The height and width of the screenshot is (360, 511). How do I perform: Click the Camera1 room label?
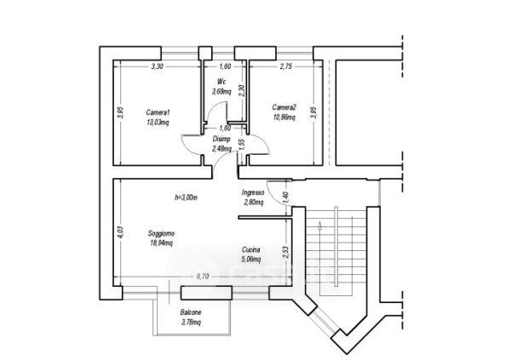coord(158,112)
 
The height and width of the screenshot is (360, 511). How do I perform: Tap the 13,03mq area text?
coord(158,122)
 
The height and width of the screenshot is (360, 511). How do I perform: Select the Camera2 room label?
coord(284,107)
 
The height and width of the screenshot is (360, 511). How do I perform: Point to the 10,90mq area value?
coord(284,117)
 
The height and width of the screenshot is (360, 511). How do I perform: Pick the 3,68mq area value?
coord(222,91)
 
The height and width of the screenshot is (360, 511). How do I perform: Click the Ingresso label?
coord(254,193)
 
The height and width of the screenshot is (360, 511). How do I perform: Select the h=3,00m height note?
coord(186,197)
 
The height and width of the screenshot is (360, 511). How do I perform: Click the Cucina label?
coord(250,250)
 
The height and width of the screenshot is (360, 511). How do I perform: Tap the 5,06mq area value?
coord(250,260)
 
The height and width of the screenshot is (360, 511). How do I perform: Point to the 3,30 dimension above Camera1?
coord(158,66)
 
